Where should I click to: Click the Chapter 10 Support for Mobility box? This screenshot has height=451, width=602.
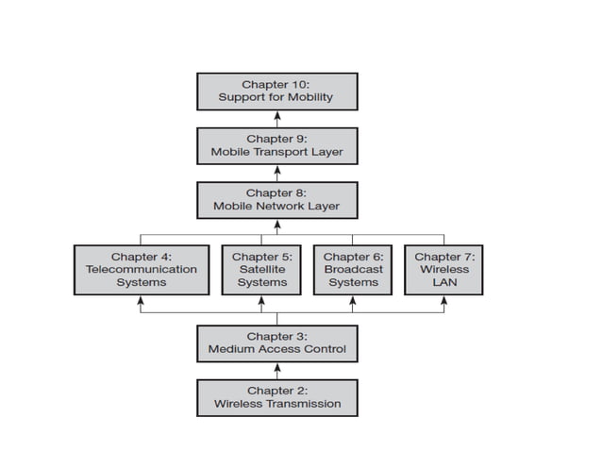coord(276,91)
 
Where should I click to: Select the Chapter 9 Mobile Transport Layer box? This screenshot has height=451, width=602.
coord(276,145)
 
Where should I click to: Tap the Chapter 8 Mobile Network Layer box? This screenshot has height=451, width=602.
coord(276,200)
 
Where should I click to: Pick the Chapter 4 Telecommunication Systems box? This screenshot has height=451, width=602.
coord(141,269)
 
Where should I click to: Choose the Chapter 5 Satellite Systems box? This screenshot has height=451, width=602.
coord(261,269)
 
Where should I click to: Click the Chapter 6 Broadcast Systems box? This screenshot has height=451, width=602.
coord(353,269)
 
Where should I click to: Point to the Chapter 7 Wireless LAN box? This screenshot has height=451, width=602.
coord(443,269)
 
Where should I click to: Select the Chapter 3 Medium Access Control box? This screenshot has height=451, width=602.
coord(276,342)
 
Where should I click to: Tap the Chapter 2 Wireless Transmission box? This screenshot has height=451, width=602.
coord(276,397)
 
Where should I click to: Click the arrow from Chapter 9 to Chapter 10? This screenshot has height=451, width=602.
coord(277,118)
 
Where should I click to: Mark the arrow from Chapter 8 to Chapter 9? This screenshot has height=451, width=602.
coord(277,173)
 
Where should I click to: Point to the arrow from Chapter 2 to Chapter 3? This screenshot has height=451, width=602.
coord(277,370)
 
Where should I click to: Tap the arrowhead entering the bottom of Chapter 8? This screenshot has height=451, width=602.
coord(277,224)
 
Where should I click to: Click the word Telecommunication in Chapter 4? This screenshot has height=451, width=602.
coord(141,269)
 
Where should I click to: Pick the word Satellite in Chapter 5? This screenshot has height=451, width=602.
coord(261,269)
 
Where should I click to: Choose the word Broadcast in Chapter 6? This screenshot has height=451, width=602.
coord(353,269)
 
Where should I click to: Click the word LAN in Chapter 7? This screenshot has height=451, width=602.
coord(443,282)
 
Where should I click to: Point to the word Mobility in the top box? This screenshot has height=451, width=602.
coord(308,97)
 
